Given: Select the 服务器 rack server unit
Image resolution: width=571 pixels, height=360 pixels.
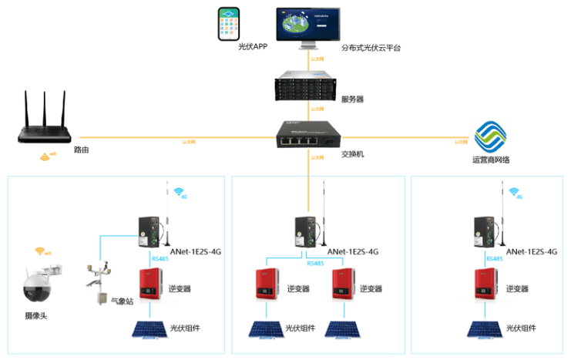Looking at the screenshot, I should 308,86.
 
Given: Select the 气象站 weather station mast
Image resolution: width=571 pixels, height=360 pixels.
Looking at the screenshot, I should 98,281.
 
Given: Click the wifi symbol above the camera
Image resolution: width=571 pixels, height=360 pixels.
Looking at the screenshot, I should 42,252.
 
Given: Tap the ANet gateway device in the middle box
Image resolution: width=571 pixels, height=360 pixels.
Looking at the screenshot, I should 305,230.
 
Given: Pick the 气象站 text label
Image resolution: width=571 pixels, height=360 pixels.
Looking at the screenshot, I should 122,301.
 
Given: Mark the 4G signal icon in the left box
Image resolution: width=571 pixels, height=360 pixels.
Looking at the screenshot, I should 180,192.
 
